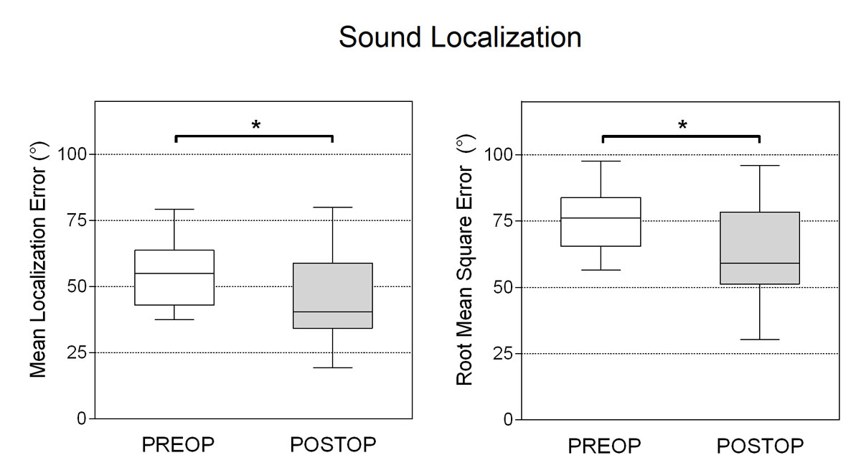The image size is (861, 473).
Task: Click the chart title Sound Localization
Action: point(460,37)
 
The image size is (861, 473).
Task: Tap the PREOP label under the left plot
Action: point(178,445)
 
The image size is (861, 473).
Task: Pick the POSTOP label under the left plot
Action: point(333,445)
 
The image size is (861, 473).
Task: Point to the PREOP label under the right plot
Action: point(604,446)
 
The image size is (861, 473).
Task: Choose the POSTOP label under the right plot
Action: point(760,446)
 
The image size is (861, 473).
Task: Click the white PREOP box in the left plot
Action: point(175,277)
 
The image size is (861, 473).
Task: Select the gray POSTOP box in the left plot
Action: point(333,296)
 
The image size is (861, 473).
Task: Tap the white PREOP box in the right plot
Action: point(601,222)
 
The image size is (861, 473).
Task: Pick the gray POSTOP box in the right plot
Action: point(759,248)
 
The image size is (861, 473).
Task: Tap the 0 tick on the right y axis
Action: point(509,419)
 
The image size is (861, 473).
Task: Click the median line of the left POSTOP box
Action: point(333,312)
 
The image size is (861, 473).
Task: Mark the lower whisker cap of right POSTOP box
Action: point(759,339)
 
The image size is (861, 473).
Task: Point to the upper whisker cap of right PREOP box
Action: point(601,161)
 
